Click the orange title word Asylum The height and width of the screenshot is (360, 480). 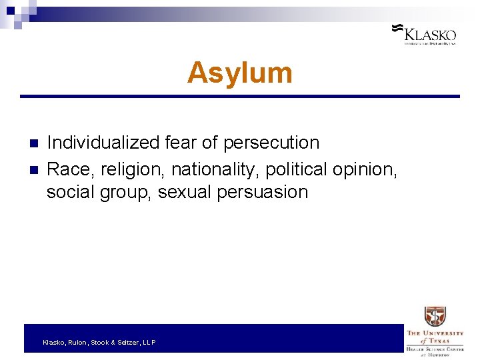[x=239, y=73]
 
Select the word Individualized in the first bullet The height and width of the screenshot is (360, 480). [x=103, y=143]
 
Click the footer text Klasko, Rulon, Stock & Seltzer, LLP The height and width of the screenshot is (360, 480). [x=99, y=342]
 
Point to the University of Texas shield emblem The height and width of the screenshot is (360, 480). [x=435, y=316]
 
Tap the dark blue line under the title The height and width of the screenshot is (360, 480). [x=240, y=97]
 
